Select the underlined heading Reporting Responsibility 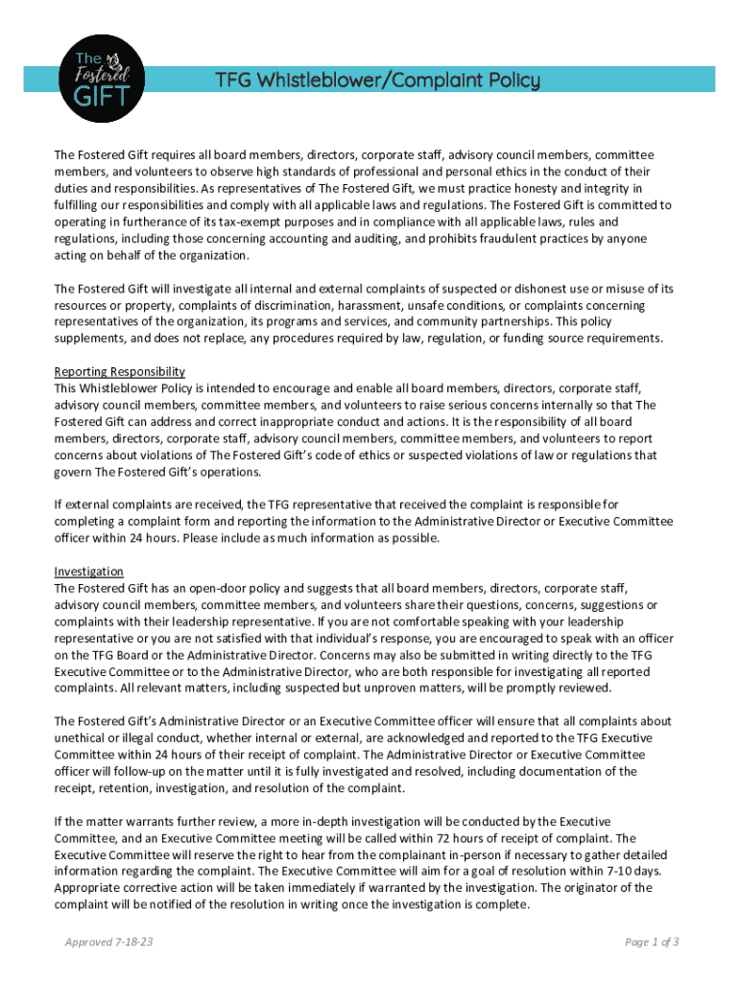pos(120,371)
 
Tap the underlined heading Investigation pos(89,572)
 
